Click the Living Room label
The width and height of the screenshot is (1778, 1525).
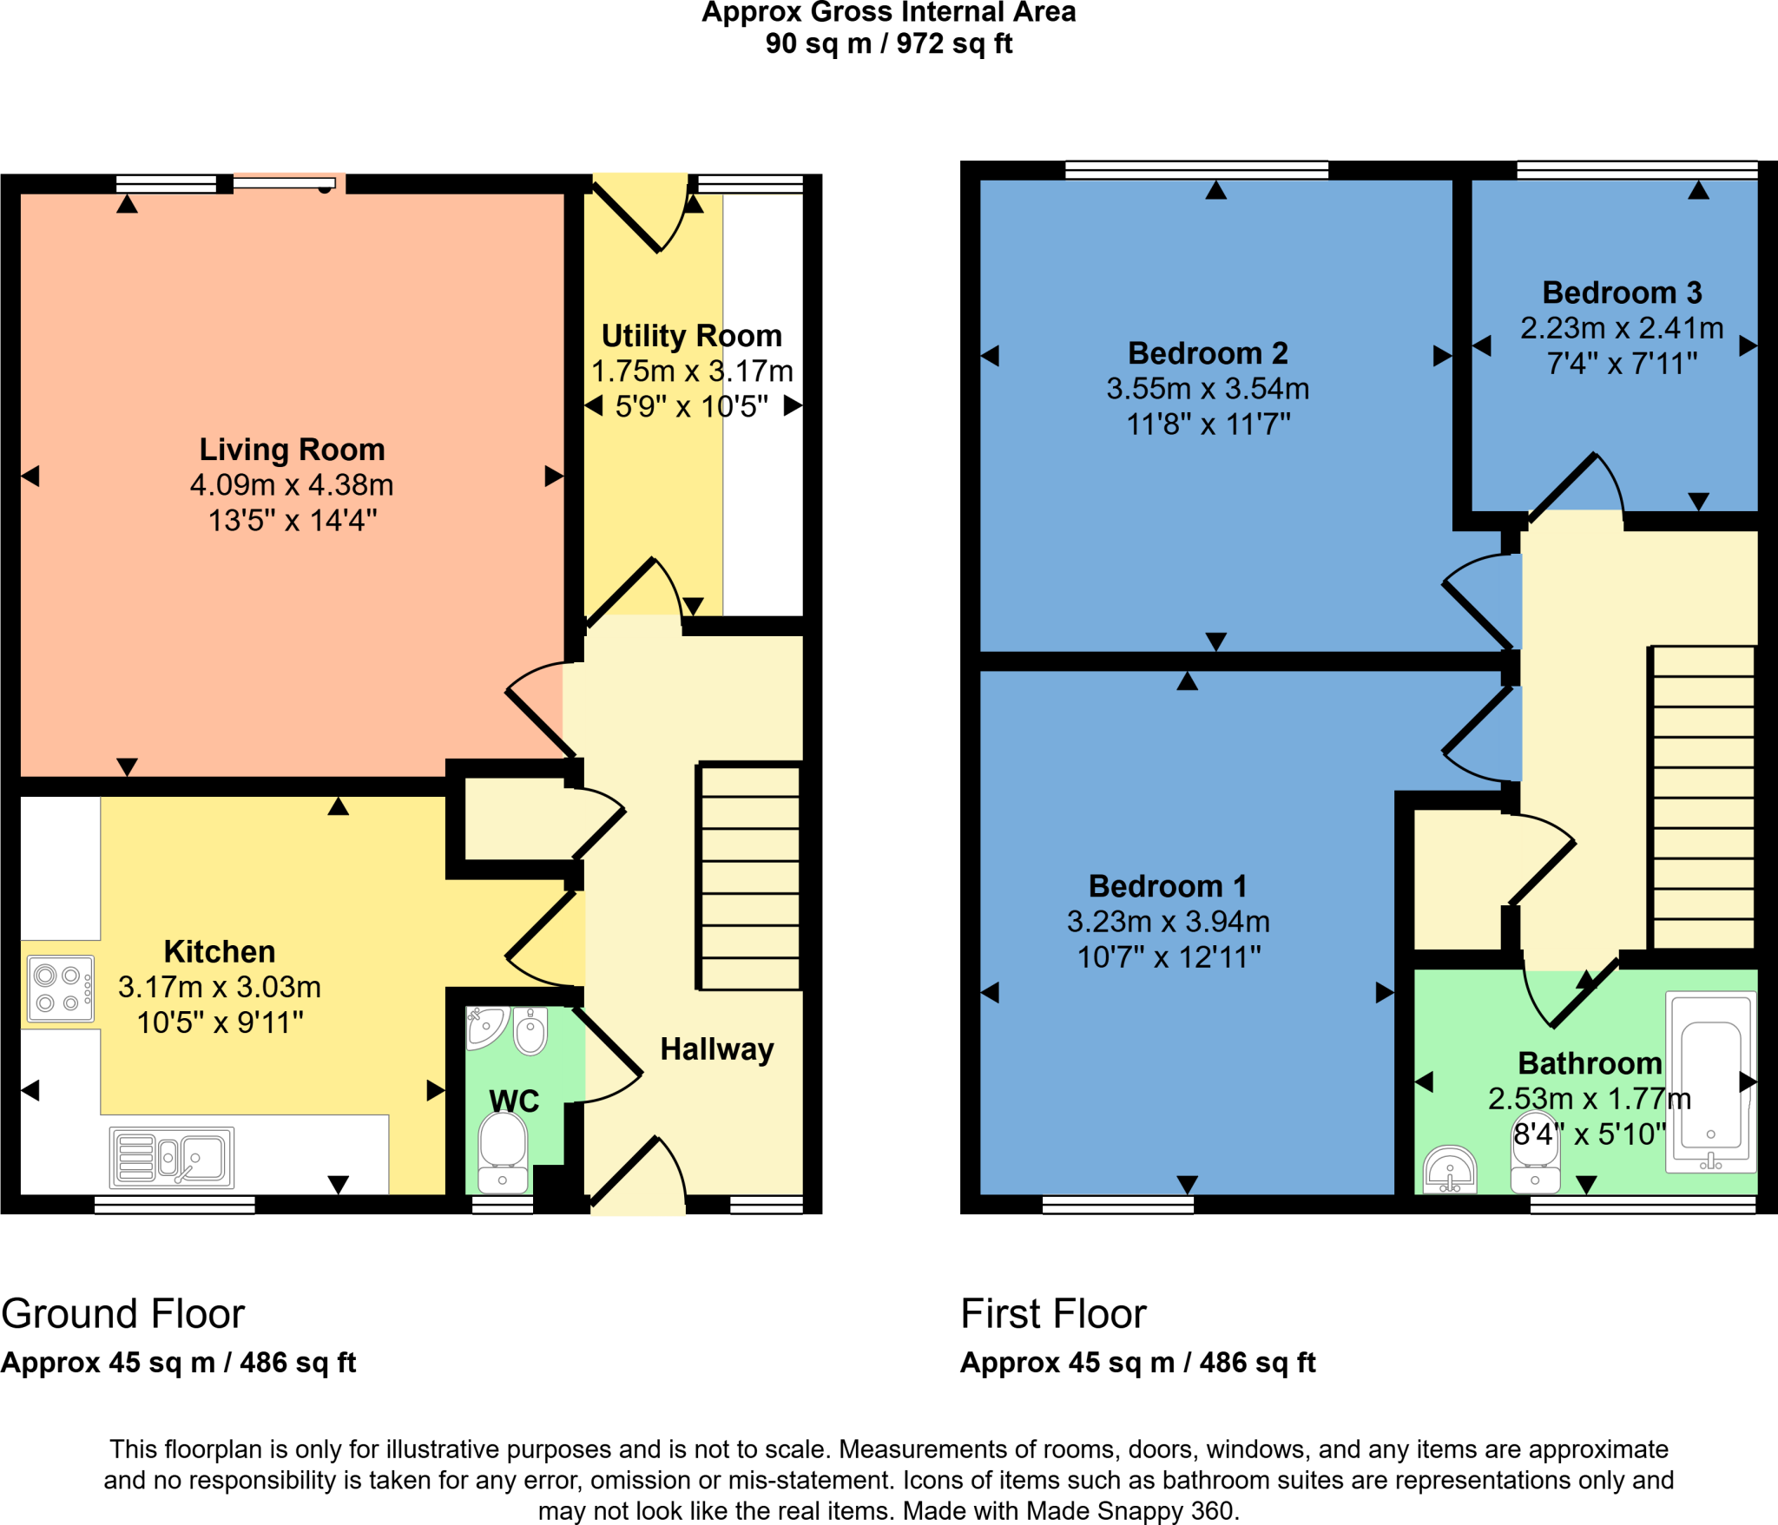292,450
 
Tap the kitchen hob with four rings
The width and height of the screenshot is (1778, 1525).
60,989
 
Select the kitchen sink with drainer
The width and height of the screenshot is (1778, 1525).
172,1157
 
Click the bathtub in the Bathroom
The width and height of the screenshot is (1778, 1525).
1710,1082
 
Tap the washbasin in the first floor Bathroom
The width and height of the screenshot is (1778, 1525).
1450,1170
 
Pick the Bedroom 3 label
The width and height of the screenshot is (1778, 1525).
1622,293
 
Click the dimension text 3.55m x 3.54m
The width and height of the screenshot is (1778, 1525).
1208,389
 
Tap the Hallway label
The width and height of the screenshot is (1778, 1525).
716,1049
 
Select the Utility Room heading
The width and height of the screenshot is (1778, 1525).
691,336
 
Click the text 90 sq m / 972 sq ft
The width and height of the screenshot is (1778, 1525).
888,43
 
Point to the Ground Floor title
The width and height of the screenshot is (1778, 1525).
123,1313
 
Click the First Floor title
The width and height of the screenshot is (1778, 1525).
1053,1313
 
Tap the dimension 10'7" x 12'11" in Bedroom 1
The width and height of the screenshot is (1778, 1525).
1169,957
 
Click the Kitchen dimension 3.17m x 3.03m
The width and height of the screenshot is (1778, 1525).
220,987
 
